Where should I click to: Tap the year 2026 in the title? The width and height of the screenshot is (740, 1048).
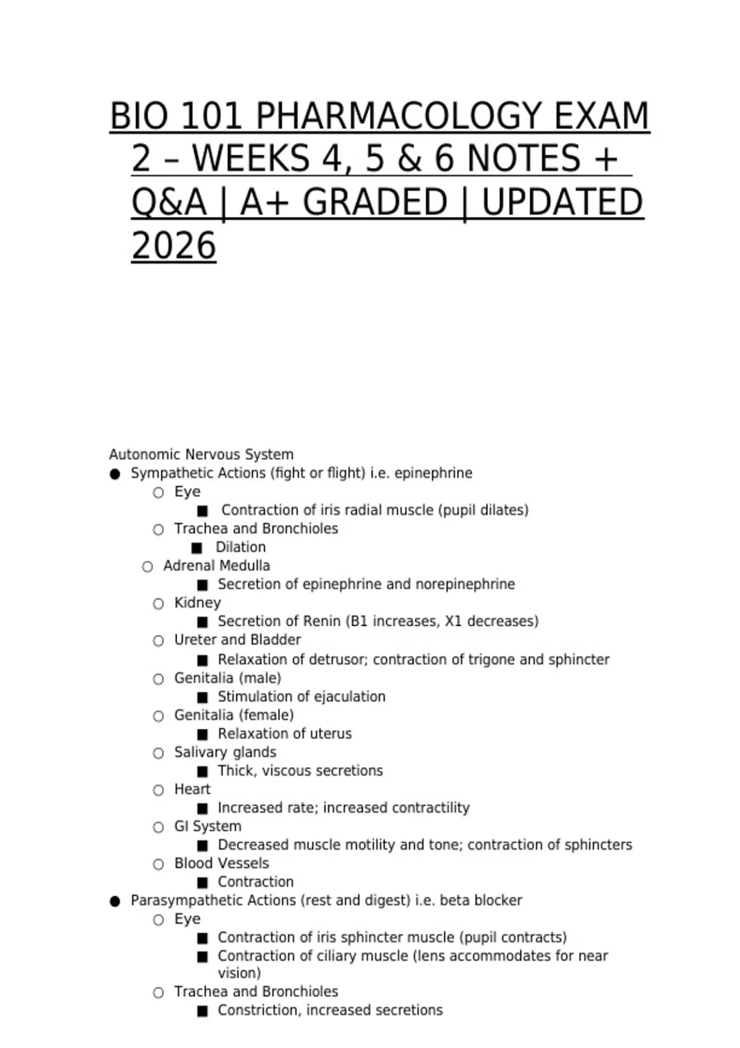tap(173, 247)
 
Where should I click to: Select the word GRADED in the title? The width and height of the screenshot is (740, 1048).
tap(375, 202)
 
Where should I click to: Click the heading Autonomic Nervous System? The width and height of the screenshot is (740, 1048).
tap(201, 455)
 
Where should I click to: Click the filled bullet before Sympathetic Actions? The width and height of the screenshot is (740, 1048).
tap(115, 474)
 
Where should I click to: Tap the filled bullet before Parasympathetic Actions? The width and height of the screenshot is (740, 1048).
tap(115, 901)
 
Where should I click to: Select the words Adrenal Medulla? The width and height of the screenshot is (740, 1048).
tap(216, 566)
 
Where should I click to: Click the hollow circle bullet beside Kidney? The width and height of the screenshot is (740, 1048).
tap(158, 604)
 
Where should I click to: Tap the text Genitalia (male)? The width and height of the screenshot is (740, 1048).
tap(228, 678)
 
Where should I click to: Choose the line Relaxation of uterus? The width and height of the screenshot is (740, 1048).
tap(284, 734)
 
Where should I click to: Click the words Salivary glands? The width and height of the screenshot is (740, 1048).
tap(225, 752)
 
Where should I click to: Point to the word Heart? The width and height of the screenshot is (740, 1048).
tap(192, 789)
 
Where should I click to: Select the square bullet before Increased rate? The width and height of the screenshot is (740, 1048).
tap(202, 808)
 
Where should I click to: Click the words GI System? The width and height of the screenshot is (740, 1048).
tap(208, 826)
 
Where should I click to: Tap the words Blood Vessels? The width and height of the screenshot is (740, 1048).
tap(221, 863)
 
